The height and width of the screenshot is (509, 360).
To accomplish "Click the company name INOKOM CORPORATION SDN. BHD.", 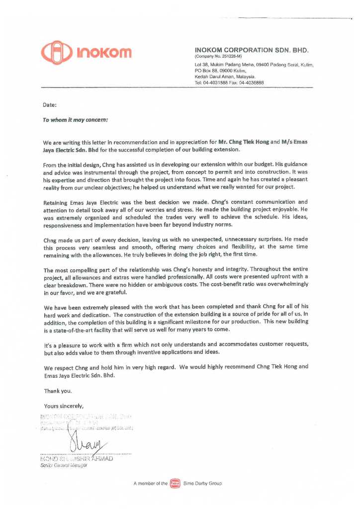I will click(x=252, y=50).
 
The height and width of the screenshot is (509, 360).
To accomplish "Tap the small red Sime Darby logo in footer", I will click(x=175, y=483).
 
